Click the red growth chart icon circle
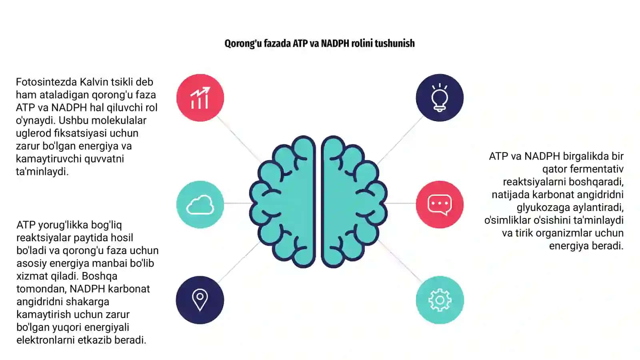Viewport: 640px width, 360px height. (200, 98)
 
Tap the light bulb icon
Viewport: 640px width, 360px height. (440, 98)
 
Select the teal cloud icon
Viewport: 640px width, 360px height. (200, 204)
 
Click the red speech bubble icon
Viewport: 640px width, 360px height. (440, 204)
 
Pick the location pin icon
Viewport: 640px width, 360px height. (200, 300)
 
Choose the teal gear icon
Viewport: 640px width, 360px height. (440, 300)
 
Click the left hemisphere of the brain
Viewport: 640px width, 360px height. (283, 202)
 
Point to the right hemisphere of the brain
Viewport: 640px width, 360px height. (354, 202)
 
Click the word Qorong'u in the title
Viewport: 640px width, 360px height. (243, 44)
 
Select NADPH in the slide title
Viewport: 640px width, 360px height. (335, 44)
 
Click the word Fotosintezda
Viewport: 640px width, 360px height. (46, 82)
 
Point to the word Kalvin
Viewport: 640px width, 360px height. (94, 82)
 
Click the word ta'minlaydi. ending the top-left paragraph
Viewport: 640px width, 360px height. (42, 172)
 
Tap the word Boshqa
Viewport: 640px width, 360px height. (100, 276)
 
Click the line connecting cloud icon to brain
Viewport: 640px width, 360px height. (237, 203)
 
